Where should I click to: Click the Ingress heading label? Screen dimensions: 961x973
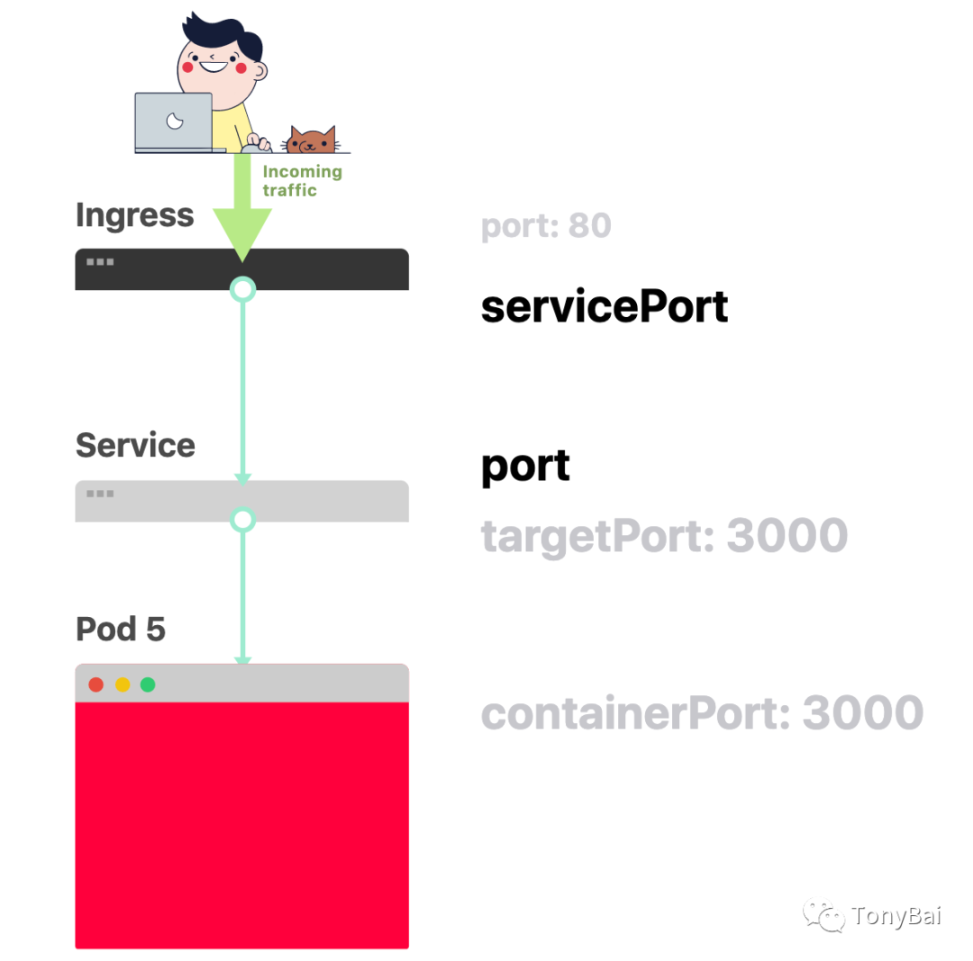pos(135,215)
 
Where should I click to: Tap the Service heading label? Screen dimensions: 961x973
pos(135,445)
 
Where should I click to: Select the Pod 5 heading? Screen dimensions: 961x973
pos(121,629)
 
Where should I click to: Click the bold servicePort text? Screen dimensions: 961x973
pos(604,307)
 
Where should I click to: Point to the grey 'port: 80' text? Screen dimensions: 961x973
pos(546,225)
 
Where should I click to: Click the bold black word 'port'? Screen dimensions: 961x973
pos(525,467)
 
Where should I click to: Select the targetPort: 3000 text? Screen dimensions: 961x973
pos(664,536)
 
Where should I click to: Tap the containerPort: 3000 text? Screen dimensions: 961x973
pos(702,713)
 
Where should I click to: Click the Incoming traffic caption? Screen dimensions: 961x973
pos(302,180)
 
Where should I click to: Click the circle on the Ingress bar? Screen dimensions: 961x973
pos(242,289)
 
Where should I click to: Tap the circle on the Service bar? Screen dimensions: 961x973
pos(242,520)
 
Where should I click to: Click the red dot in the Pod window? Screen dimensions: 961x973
pos(96,685)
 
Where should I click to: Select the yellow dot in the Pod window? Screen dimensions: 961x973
pos(123,685)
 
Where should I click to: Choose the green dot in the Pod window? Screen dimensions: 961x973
pos(148,685)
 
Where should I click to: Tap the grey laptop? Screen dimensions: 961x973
pos(174,122)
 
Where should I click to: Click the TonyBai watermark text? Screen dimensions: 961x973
pos(896,917)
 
